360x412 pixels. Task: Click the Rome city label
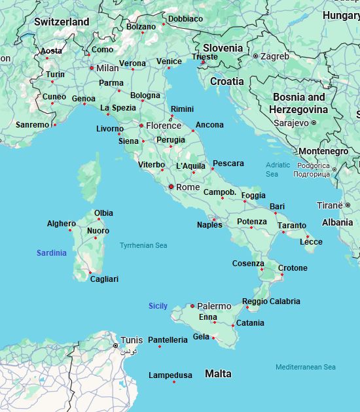(188, 187)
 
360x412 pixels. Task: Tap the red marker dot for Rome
(171, 187)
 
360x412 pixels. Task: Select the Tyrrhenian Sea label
(143, 245)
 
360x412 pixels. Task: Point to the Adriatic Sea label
(278, 169)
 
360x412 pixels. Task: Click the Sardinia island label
(51, 253)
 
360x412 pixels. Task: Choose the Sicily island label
(158, 306)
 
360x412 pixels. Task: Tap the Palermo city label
(214, 306)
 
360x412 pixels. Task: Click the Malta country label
(218, 374)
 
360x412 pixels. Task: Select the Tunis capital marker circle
(116, 345)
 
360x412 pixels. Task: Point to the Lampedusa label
(170, 375)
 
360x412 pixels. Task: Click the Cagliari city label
(105, 279)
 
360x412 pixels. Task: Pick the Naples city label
(209, 225)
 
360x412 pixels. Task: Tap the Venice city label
(169, 61)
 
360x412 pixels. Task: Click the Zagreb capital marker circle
(255, 56)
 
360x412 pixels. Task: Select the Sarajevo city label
(291, 122)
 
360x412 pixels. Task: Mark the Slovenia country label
(223, 48)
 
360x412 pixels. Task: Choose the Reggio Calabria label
(271, 301)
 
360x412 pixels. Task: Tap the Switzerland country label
(62, 22)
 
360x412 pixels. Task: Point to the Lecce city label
(311, 242)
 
